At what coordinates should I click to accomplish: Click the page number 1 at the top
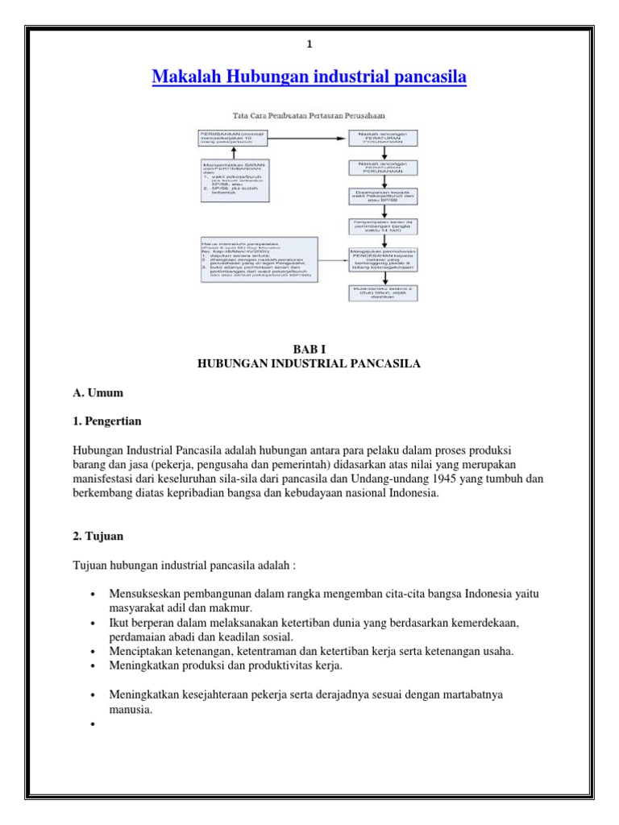(x=309, y=46)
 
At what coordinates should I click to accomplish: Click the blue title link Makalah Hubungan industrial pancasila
(x=309, y=77)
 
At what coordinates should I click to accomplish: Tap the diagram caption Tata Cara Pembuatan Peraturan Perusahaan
(x=309, y=117)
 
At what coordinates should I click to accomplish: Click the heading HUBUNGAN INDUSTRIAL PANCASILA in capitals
(x=309, y=363)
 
